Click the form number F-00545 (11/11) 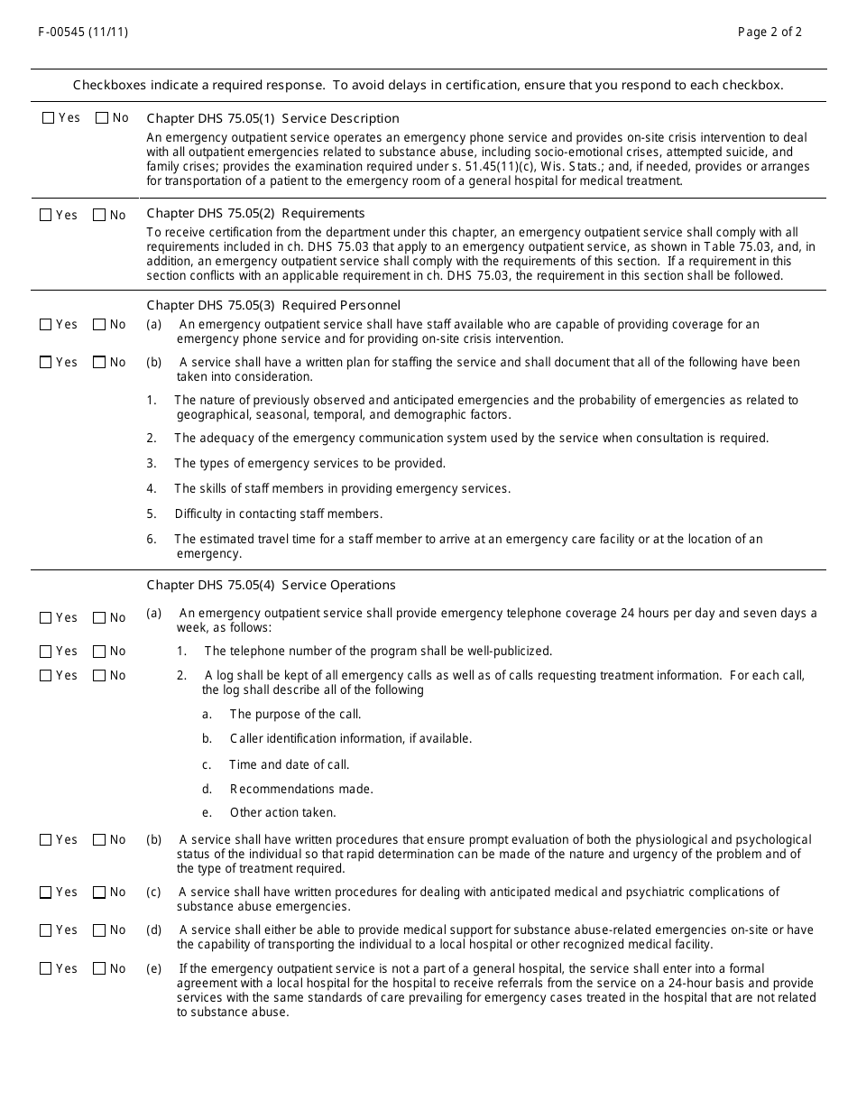pos(83,32)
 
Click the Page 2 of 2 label pos(769,32)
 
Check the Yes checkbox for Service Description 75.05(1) pos(48,118)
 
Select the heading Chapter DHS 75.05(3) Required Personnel pos(273,305)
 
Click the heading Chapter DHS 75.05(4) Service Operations pos(271,585)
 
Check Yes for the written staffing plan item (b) pos(46,363)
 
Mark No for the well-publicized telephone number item pos(99,652)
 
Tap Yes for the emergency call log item pos(46,676)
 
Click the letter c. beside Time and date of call pos(207,764)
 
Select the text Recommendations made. pos(301,789)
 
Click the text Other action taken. pos(282,812)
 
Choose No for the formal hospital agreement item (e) pos(99,969)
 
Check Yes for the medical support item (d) pos(46,930)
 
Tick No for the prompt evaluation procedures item pos(99,840)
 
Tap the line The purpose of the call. pos(295,714)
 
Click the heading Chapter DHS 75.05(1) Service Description pos(272,118)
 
